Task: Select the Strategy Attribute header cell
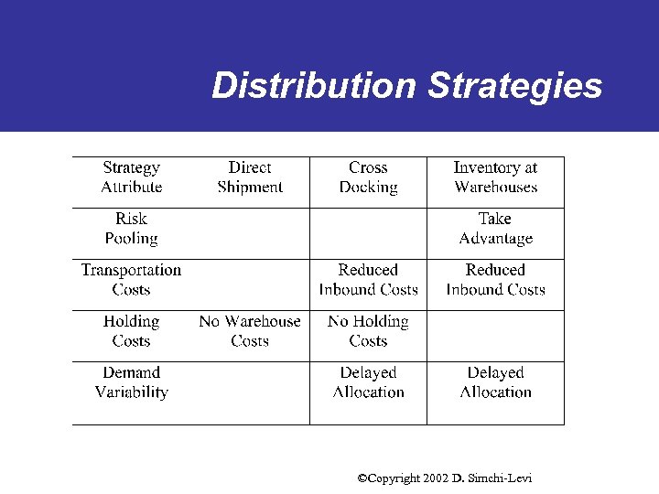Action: click(x=132, y=177)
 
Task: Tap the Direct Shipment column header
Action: click(x=250, y=177)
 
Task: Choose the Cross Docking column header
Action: click(x=368, y=177)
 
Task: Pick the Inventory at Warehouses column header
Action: click(x=495, y=177)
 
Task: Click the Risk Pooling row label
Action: click(x=131, y=229)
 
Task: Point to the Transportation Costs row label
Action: click(x=131, y=280)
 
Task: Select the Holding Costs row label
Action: click(x=131, y=331)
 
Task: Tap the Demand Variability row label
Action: click(x=131, y=382)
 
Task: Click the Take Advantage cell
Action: click(x=495, y=229)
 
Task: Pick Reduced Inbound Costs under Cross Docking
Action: click(x=368, y=280)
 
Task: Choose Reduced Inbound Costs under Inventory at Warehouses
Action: click(x=495, y=280)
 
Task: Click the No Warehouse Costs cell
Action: click(x=250, y=331)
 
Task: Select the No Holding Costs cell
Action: click(x=368, y=331)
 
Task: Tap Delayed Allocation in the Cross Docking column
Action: click(x=368, y=382)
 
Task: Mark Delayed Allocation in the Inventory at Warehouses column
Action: click(x=495, y=382)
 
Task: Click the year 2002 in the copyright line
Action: click(x=435, y=478)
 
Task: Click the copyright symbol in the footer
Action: click(x=362, y=478)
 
